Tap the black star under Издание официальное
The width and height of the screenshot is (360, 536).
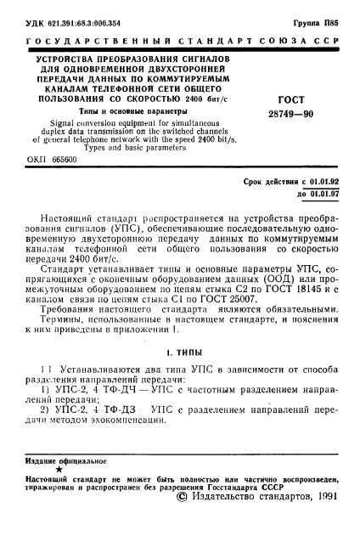coord(58,468)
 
